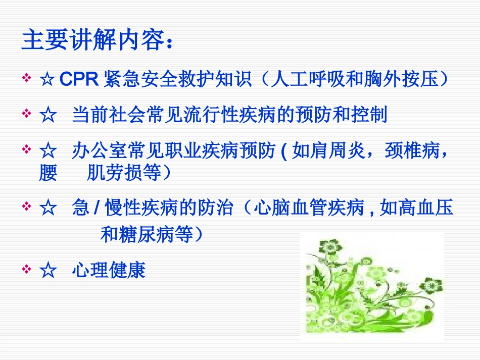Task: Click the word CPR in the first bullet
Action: tap(79, 80)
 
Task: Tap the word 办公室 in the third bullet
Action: tap(97, 151)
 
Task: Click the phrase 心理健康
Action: tap(109, 270)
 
